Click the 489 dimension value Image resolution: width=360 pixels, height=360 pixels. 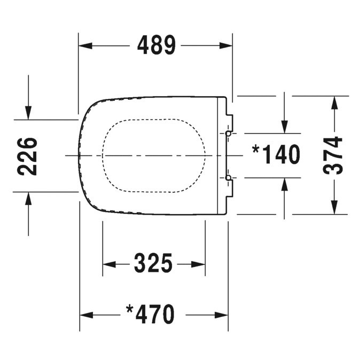point(156,45)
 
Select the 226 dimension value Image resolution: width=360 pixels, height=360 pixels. point(27,156)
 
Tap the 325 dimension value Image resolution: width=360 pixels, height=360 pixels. point(153,263)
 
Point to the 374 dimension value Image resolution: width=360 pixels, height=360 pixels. point(333,155)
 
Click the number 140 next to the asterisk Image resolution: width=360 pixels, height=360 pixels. point(281,154)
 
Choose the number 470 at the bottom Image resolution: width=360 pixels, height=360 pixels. point(155,314)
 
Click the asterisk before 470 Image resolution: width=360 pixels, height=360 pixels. point(129,309)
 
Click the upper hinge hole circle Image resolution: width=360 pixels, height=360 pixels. point(228,134)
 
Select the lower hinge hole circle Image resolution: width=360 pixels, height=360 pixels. point(228,178)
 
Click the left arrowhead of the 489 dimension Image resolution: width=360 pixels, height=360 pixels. point(85,46)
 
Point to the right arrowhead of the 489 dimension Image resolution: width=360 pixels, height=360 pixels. point(226,46)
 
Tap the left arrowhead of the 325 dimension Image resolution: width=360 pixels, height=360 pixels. point(109,264)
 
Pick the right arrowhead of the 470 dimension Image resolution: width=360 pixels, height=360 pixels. point(221,315)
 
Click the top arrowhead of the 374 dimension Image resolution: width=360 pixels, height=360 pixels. point(334,103)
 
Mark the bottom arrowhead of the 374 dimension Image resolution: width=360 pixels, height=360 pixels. point(334,208)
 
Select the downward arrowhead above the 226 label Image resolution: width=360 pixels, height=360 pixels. point(28,113)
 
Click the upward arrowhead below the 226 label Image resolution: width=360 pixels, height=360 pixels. point(28,199)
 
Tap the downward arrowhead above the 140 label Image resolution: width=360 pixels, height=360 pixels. point(285,127)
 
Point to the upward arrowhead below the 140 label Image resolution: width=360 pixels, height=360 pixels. point(285,184)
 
